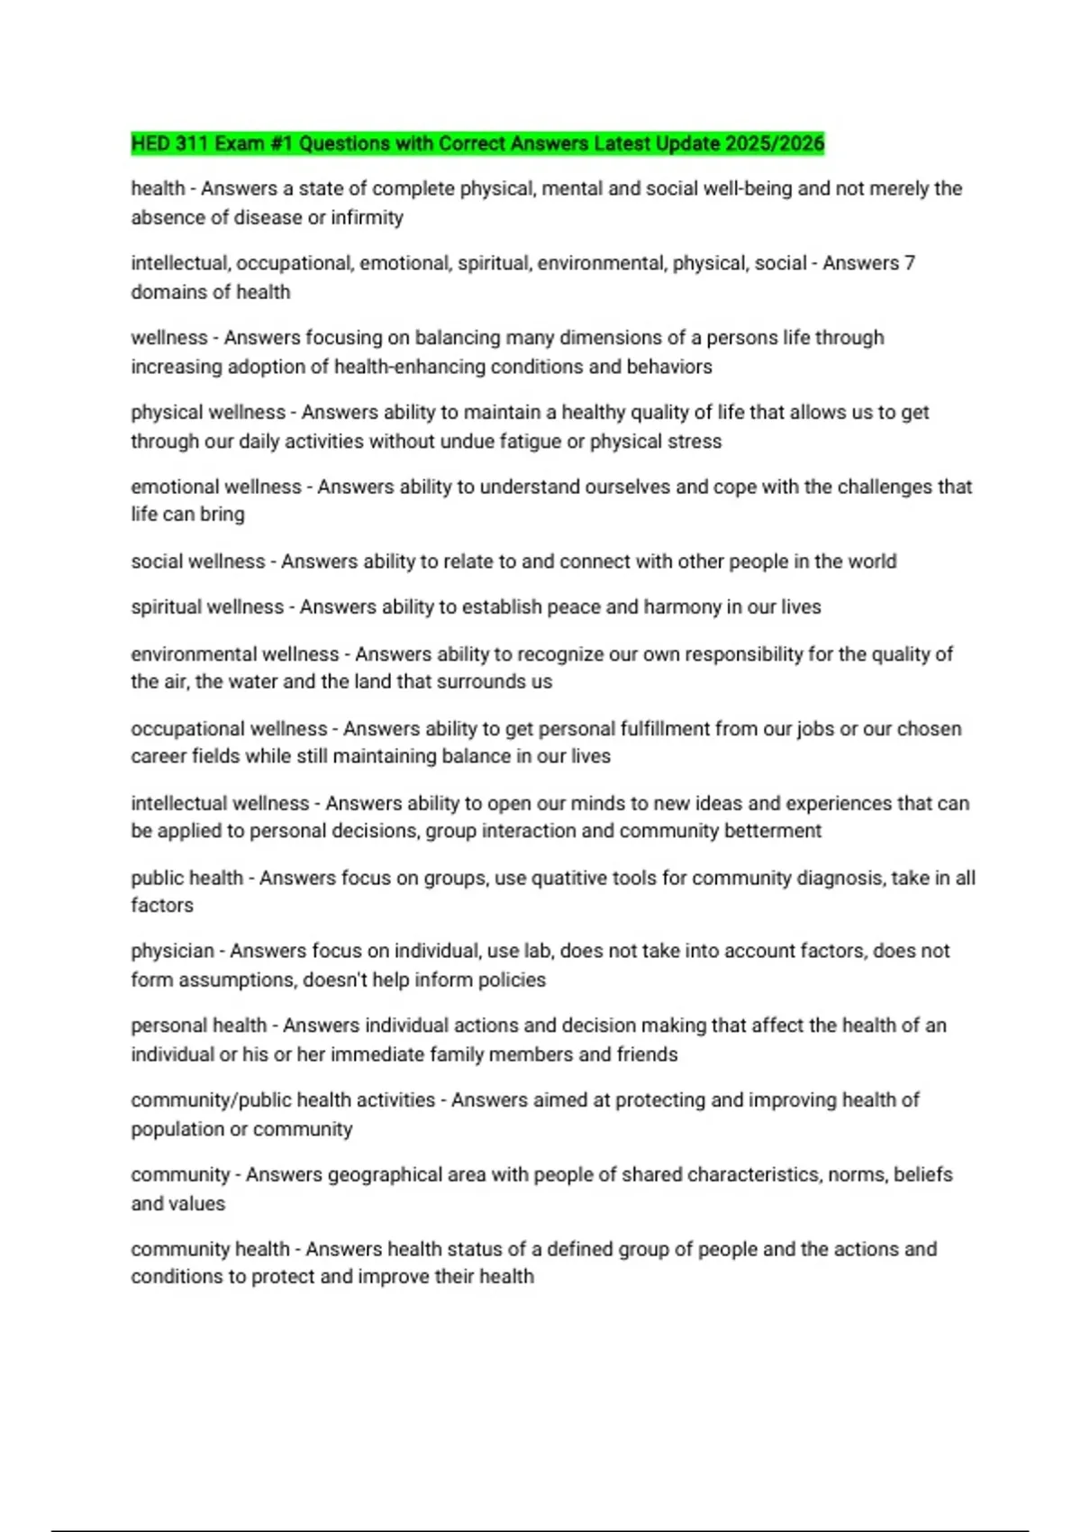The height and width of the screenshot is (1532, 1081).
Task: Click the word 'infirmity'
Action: [368, 217]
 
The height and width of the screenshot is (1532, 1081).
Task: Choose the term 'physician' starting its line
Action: [172, 951]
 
